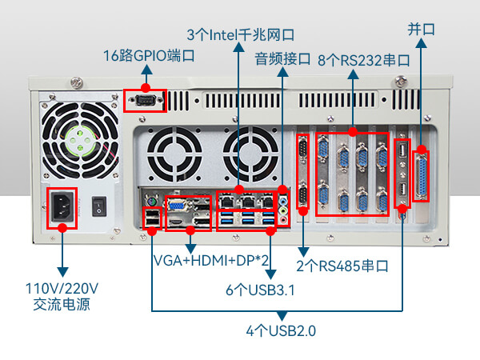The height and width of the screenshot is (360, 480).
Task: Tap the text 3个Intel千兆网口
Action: pos(240,34)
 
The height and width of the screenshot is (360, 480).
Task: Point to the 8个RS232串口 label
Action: pos(364,59)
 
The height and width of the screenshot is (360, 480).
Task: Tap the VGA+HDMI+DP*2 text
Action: pos(210,262)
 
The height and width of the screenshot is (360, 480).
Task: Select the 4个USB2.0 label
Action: pos(281,330)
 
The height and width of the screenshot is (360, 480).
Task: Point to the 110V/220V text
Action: pos(62,288)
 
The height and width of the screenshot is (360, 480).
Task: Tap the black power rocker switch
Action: pos(99,205)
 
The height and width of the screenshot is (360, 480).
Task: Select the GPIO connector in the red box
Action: pos(146,100)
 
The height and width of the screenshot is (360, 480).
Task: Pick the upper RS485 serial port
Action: pos(302,150)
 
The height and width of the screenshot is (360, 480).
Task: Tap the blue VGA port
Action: pos(174,205)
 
